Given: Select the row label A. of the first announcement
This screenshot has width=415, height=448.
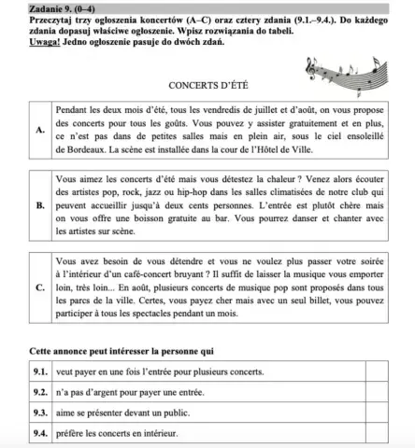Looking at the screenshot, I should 39,131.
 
